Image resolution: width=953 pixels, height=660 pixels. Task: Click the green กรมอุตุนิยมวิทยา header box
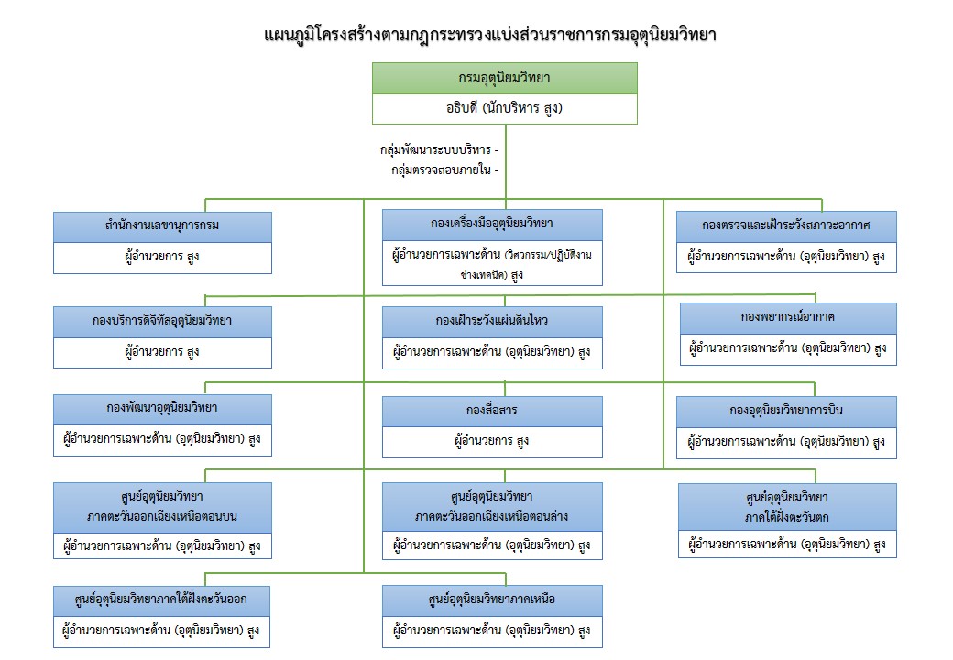click(x=504, y=78)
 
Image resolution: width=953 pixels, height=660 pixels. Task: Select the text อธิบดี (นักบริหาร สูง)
click(x=504, y=108)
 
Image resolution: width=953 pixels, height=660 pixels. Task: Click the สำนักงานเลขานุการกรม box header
click(x=162, y=226)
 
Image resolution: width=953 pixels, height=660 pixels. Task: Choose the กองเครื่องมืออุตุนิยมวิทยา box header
click(x=492, y=224)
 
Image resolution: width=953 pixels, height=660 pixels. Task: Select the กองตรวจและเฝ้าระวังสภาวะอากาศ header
click(x=786, y=225)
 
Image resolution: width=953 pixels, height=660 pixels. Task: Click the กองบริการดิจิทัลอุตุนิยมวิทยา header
click(x=162, y=320)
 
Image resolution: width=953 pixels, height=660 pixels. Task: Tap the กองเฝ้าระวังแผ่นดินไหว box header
click(x=492, y=321)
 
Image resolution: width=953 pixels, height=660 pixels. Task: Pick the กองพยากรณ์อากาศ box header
click(x=788, y=317)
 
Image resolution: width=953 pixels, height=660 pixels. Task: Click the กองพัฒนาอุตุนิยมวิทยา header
click(x=162, y=408)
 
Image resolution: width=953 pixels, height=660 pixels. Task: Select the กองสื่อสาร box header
click(x=492, y=411)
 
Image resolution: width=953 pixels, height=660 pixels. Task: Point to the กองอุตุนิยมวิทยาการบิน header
click(x=786, y=411)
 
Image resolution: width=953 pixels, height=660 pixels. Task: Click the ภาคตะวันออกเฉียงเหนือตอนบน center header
click(x=162, y=505)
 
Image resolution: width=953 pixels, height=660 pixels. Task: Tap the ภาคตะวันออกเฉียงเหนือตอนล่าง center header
click(x=492, y=505)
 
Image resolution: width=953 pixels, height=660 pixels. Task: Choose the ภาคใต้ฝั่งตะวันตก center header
click(x=788, y=505)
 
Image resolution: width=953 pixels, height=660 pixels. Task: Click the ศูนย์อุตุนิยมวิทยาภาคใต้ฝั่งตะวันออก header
click(x=162, y=600)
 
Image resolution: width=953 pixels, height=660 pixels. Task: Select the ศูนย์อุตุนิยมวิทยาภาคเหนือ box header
click(x=492, y=600)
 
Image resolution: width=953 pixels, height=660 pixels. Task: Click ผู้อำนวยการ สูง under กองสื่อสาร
click(x=492, y=442)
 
